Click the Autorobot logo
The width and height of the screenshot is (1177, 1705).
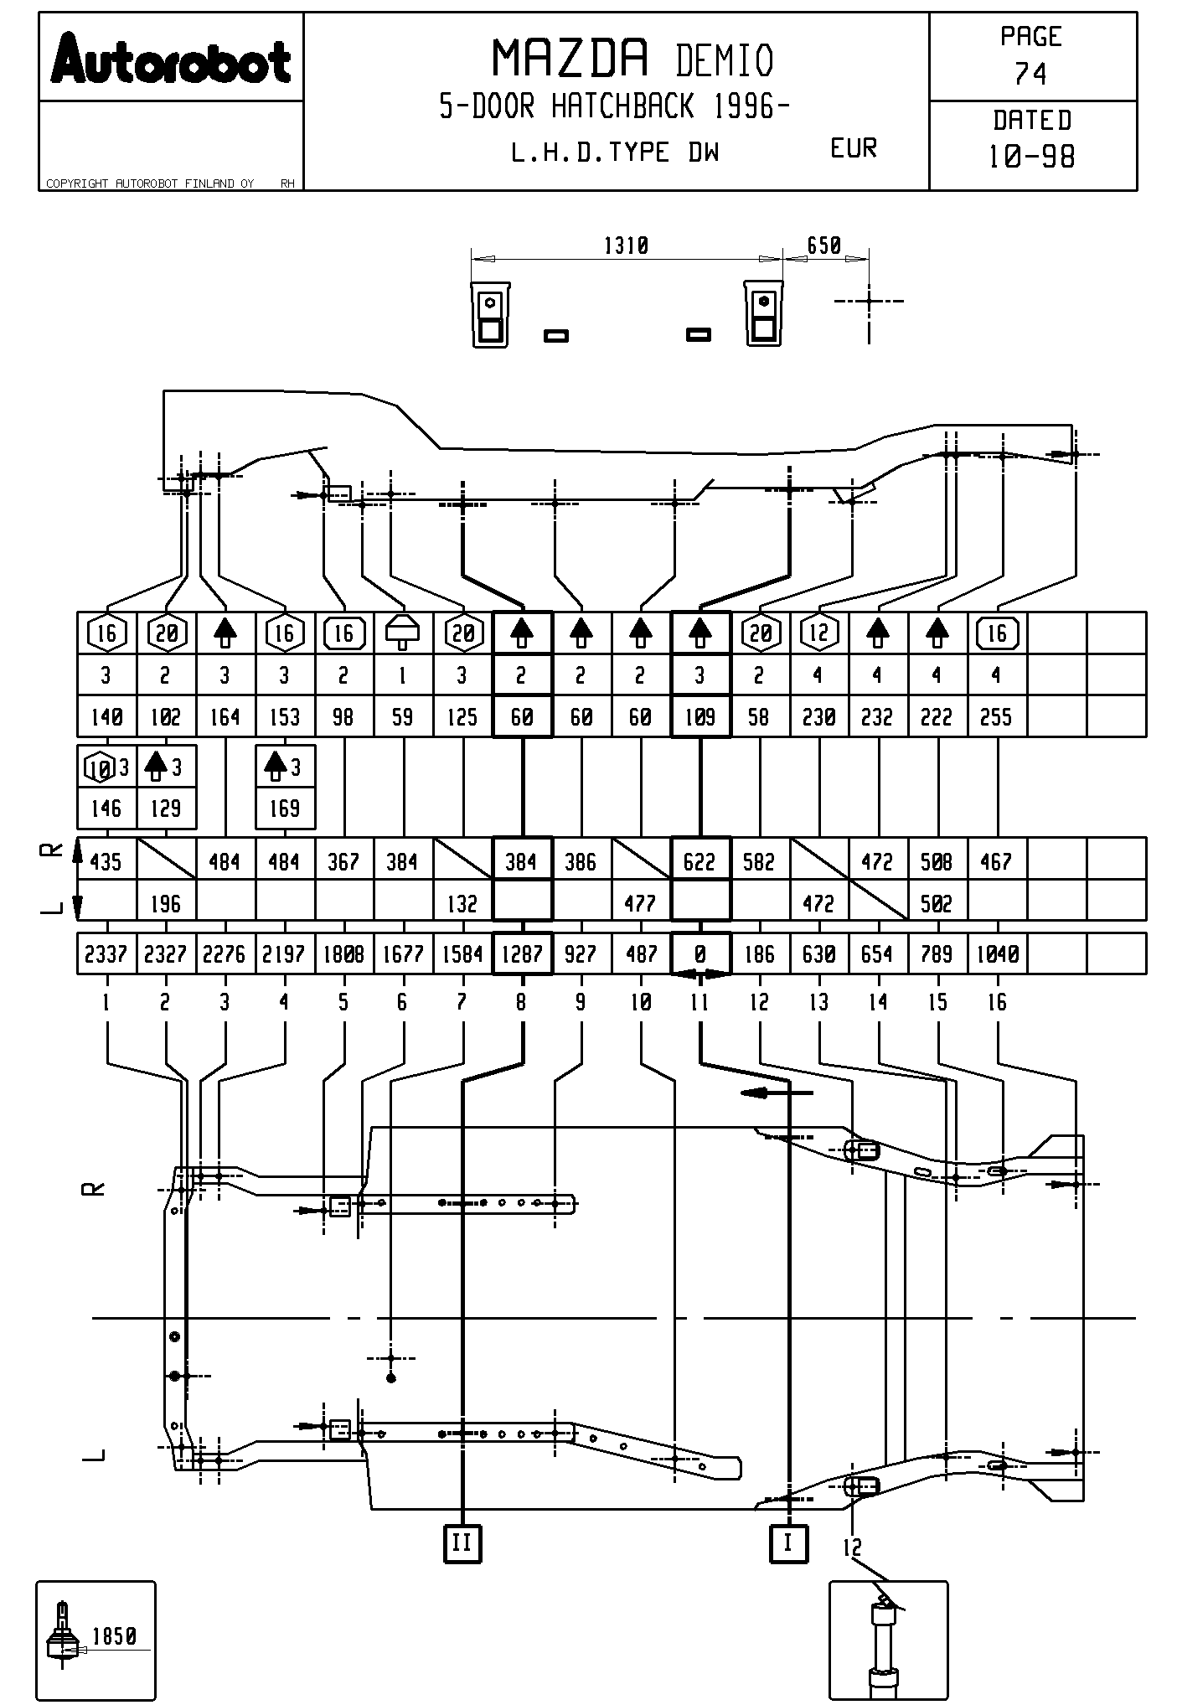(x=171, y=60)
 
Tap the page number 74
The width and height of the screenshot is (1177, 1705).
(x=1030, y=75)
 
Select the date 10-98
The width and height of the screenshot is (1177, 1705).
(x=1031, y=157)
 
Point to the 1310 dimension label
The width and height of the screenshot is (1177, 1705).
(x=626, y=246)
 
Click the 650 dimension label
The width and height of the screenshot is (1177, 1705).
(x=823, y=245)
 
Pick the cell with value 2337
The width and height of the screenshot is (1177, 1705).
(x=106, y=954)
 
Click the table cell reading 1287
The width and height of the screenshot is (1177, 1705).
(x=522, y=954)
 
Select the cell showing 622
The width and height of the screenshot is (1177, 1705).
(x=700, y=861)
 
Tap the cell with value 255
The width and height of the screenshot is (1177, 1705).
(x=996, y=717)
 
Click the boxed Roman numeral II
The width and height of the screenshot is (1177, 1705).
(x=462, y=1542)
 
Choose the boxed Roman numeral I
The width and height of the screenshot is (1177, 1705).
(x=787, y=1542)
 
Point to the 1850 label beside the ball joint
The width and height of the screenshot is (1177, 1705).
(x=114, y=1636)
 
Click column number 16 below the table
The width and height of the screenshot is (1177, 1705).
(x=997, y=1002)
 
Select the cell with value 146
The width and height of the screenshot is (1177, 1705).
(x=106, y=809)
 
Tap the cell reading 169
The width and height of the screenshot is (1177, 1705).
(x=285, y=809)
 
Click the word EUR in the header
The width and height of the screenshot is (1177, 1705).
(x=853, y=149)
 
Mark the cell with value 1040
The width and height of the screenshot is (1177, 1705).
(x=997, y=954)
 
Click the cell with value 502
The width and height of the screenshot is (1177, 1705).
(x=937, y=904)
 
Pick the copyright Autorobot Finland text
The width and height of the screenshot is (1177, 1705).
(x=151, y=183)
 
